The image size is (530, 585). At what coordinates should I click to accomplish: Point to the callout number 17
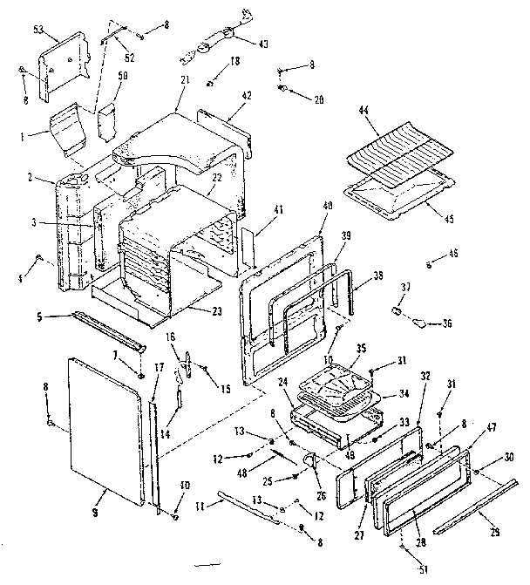(x=159, y=368)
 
